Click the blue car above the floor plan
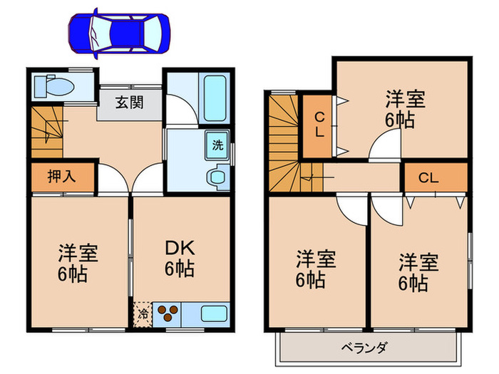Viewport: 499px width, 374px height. coord(119,33)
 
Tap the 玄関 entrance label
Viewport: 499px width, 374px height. coord(130,103)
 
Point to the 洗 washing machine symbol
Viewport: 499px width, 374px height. coord(216,143)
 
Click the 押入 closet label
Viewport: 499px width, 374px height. coord(61,177)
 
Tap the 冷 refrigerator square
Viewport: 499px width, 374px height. coord(143,312)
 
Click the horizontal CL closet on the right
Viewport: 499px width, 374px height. coord(428,178)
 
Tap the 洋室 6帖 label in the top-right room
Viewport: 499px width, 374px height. coord(406,108)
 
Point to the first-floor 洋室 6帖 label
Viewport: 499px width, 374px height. coord(78,263)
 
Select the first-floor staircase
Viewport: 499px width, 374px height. coord(47,130)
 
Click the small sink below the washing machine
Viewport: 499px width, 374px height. coord(216,175)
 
